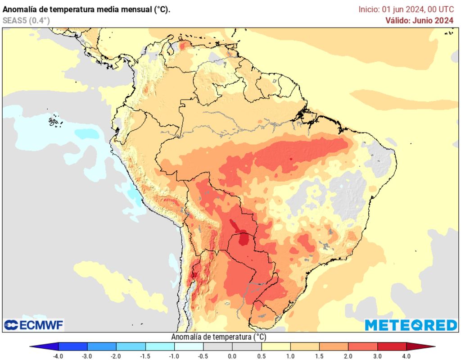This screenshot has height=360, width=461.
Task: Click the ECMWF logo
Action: [x=34, y=325]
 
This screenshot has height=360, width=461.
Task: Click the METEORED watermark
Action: [x=411, y=325]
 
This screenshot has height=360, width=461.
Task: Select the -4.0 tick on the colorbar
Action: [x=58, y=356]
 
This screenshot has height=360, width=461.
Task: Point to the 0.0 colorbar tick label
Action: [x=232, y=356]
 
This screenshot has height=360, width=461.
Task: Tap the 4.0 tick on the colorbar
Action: [x=407, y=356]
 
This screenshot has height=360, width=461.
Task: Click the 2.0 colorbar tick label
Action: [x=348, y=356]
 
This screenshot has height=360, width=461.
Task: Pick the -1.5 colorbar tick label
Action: [x=145, y=356]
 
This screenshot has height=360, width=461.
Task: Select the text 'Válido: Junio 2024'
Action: [x=419, y=20]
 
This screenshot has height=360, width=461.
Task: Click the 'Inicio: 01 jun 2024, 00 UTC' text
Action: [x=406, y=9]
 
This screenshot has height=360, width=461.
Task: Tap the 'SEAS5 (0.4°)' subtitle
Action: [x=26, y=20]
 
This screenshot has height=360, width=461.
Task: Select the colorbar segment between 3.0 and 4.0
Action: [x=392, y=346]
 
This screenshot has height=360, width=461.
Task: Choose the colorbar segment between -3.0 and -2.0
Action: [x=102, y=346]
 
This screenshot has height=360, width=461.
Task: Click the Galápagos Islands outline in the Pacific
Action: [x=54, y=121]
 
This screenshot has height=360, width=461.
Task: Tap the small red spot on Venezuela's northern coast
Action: [x=183, y=45]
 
